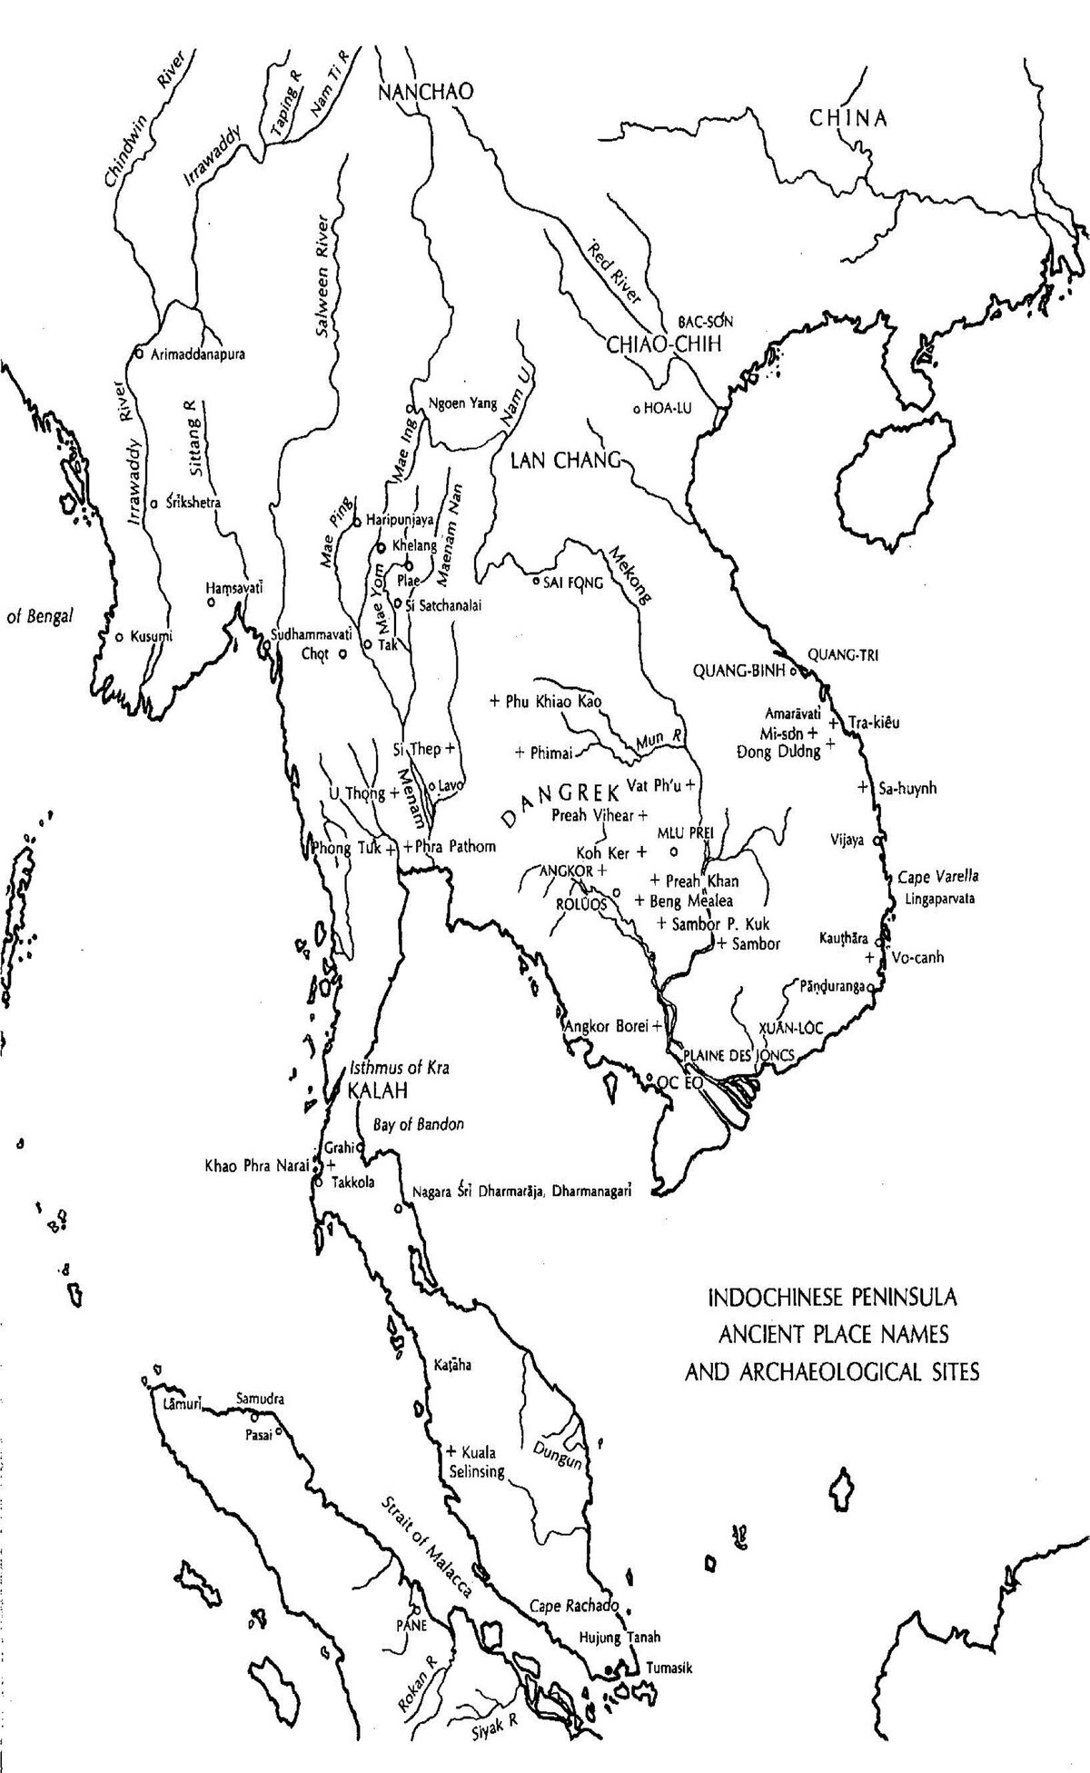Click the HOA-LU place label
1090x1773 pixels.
667,409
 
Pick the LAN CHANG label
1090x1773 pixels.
564,459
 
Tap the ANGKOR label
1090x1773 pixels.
565,871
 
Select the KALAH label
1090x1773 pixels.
372,1090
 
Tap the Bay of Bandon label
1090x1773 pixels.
418,1124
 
